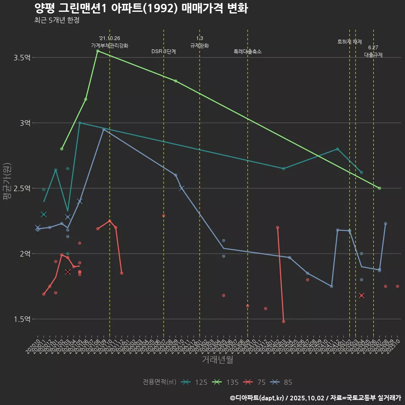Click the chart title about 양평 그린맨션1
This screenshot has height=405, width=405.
click(x=141, y=8)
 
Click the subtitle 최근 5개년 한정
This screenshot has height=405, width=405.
click(x=57, y=20)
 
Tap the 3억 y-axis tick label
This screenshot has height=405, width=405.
click(x=24, y=123)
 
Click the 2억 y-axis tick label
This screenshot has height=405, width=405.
click(x=24, y=254)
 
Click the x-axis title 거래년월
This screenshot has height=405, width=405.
click(x=217, y=360)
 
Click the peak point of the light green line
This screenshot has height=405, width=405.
click(x=97, y=51)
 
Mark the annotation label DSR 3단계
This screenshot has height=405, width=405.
click(x=164, y=51)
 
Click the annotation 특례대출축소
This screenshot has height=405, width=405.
click(x=248, y=51)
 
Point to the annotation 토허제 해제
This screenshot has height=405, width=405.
click(x=350, y=42)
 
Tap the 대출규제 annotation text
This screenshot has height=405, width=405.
click(x=373, y=55)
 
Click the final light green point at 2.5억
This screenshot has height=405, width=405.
click(x=380, y=188)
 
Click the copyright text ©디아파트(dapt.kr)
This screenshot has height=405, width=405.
click(x=257, y=397)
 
